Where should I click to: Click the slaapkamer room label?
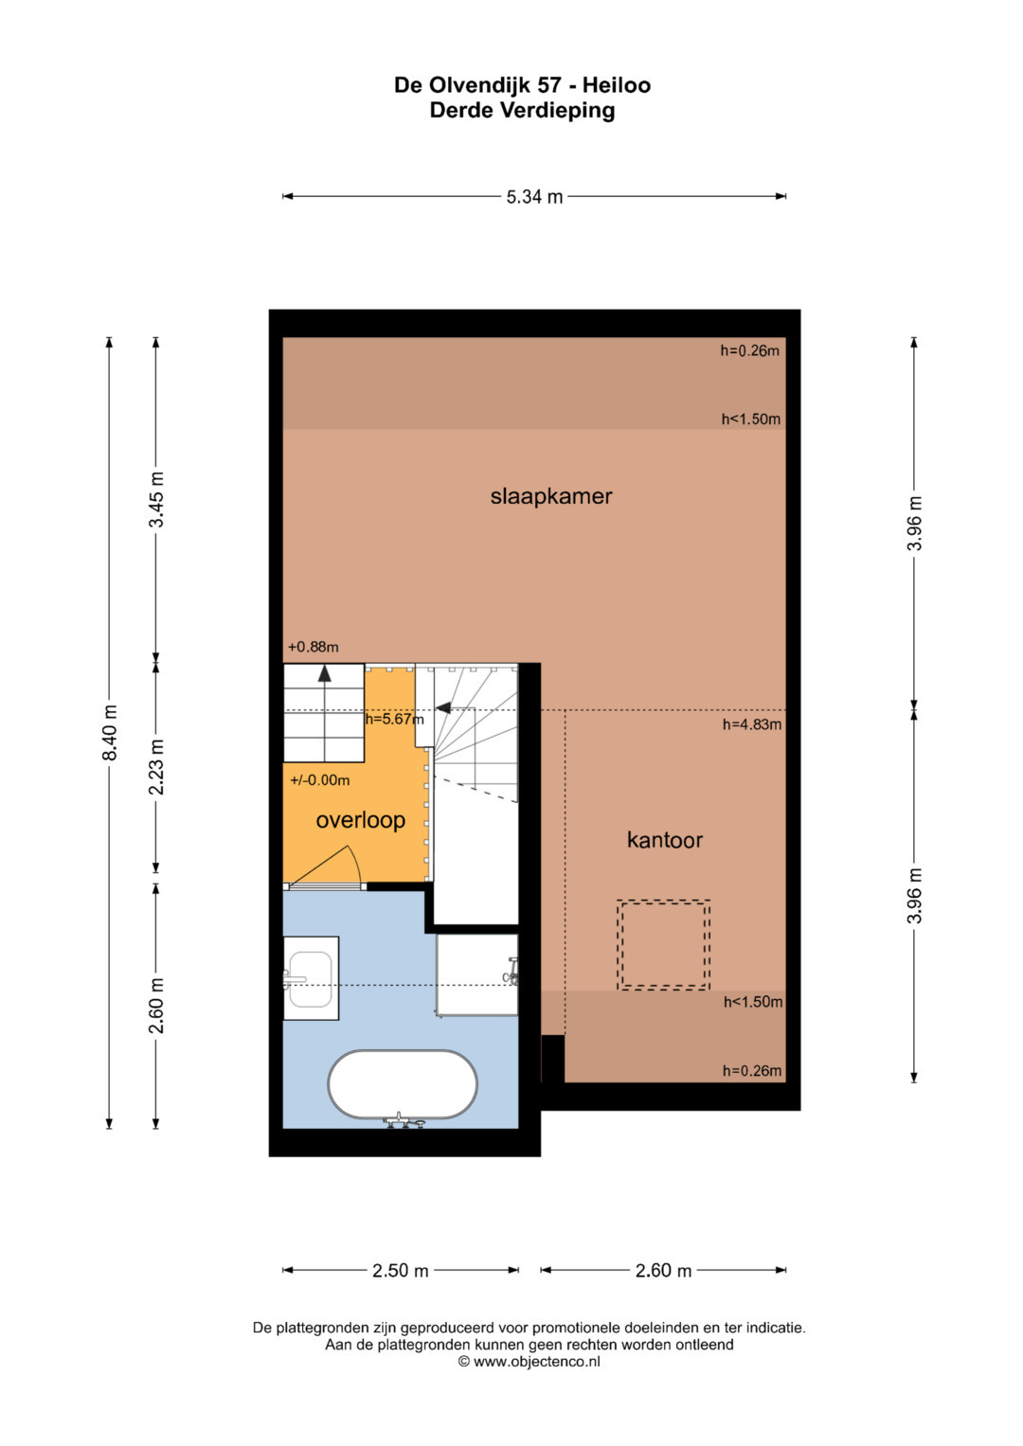pos(550,496)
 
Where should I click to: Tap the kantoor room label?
pos(664,840)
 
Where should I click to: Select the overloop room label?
pos(360,820)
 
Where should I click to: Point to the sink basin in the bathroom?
pos(311,978)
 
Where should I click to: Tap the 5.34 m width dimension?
pos(534,196)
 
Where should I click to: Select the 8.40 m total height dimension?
pos(110,733)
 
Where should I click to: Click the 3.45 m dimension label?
pos(155,500)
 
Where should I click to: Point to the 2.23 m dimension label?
pos(155,767)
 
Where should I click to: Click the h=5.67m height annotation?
pos(395,719)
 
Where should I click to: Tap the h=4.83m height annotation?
pos(752,724)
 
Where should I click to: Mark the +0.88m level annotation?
pos(314,647)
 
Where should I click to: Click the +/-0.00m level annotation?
pos(320,780)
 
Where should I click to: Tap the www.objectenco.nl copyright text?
pos(529,1363)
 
